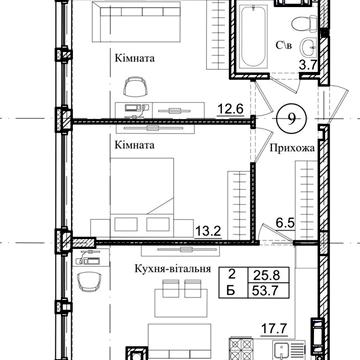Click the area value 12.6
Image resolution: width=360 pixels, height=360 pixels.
pyautogui.click(x=231, y=109)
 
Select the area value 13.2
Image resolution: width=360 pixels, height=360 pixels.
pyautogui.click(x=208, y=231)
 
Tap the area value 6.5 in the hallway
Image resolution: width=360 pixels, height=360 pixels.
pyautogui.click(x=285, y=223)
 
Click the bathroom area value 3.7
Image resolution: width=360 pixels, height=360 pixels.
pyautogui.click(x=307, y=65)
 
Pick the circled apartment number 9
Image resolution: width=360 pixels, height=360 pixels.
pyautogui.click(x=291, y=119)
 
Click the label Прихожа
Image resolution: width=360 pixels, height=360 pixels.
pyautogui.click(x=292, y=148)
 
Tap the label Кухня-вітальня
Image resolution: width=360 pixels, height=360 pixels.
pyautogui.click(x=173, y=269)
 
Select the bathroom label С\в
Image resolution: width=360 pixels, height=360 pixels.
pyautogui.click(x=284, y=45)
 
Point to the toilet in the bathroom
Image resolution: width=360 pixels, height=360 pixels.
pyautogui.click(x=303, y=24)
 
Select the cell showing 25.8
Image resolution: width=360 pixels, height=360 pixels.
pyautogui.click(x=266, y=276)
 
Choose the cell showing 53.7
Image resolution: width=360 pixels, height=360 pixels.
pyautogui.click(x=266, y=291)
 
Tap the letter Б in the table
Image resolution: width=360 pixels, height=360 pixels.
pyautogui.click(x=231, y=291)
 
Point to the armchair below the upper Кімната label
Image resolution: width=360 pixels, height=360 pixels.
pyautogui.click(x=135, y=87)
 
